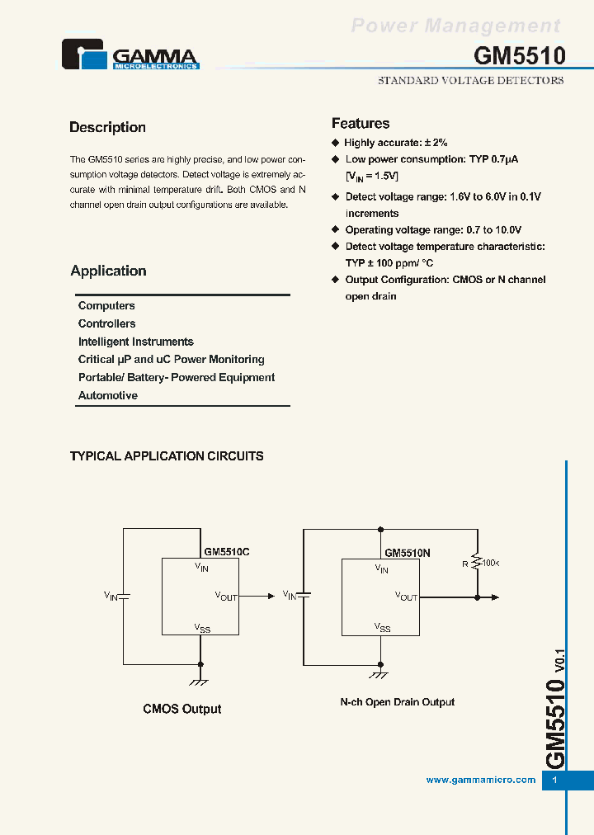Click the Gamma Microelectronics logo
130,55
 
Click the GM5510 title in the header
519,55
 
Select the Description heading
107,127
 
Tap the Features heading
361,124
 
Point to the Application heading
108,271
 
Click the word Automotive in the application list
108,395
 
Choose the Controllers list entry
107,323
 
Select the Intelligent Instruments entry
136,342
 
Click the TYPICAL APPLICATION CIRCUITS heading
167,455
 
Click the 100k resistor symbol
477,563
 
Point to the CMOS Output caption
182,709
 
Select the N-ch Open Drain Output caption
398,702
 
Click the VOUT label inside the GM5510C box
226,596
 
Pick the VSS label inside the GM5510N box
383,628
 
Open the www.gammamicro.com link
481,780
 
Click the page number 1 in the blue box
555,781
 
